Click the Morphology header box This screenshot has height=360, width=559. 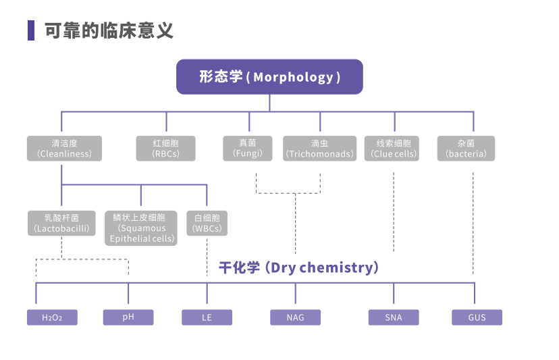[x=269, y=76]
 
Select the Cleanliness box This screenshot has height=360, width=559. [x=64, y=149]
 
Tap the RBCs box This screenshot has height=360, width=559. [x=165, y=149]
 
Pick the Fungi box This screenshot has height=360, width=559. [x=248, y=149]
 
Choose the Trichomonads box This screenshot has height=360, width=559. [x=319, y=149]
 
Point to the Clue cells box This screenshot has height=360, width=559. [x=393, y=149]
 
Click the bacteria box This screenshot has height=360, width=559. [x=466, y=149]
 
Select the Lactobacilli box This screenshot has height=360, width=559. [x=61, y=224]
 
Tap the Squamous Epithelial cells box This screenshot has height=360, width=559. [x=141, y=228]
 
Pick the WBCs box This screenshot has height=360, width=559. [x=207, y=224]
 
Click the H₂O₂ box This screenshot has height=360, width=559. [x=52, y=317]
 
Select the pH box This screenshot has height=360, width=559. [x=128, y=317]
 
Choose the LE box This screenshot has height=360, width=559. [x=207, y=317]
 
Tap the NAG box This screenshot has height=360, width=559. [x=295, y=317]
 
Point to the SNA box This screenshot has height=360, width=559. [x=393, y=317]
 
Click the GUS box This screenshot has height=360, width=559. [x=477, y=317]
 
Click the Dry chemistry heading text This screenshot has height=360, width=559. [x=298, y=267]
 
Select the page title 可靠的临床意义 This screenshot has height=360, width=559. [x=109, y=30]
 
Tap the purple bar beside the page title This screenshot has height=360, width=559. [x=31, y=30]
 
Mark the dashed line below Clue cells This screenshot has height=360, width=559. [x=394, y=209]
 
